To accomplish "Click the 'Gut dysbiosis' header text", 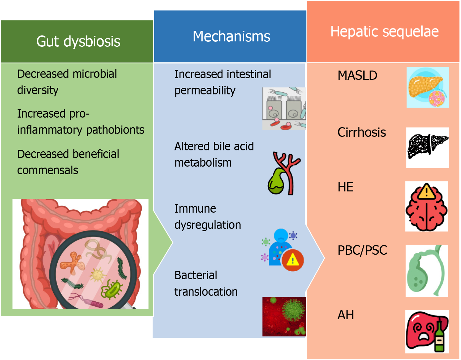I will click(x=78, y=42).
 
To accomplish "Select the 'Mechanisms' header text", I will click(x=231, y=36).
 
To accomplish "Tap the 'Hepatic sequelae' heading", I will click(x=384, y=32).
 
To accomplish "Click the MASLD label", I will click(x=357, y=76).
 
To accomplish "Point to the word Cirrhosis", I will click(x=361, y=132).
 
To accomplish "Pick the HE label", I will click(x=345, y=187).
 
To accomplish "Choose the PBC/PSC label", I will click(x=362, y=250).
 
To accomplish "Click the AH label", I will click(x=346, y=315).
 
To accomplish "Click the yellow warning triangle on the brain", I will click(x=427, y=192).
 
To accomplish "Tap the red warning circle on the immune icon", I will click(x=293, y=260).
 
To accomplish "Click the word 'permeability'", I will click(x=205, y=91).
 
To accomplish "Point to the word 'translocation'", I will click(x=206, y=292).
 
